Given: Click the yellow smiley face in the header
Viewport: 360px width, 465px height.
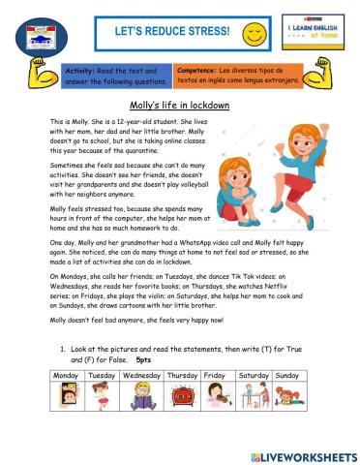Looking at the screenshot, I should tap(255, 35).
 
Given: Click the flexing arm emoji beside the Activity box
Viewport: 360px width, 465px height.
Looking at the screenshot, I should tap(43, 78).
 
